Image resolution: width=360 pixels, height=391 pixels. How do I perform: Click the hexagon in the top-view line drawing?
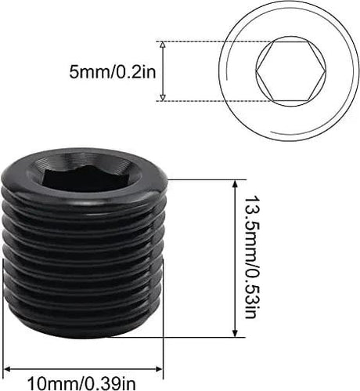point(289,70)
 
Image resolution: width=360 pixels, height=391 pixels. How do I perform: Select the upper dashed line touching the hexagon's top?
point(211,41)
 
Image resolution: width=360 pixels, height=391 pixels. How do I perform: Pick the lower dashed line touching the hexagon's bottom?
point(211,100)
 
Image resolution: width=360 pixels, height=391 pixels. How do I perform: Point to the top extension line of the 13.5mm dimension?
point(203,179)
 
